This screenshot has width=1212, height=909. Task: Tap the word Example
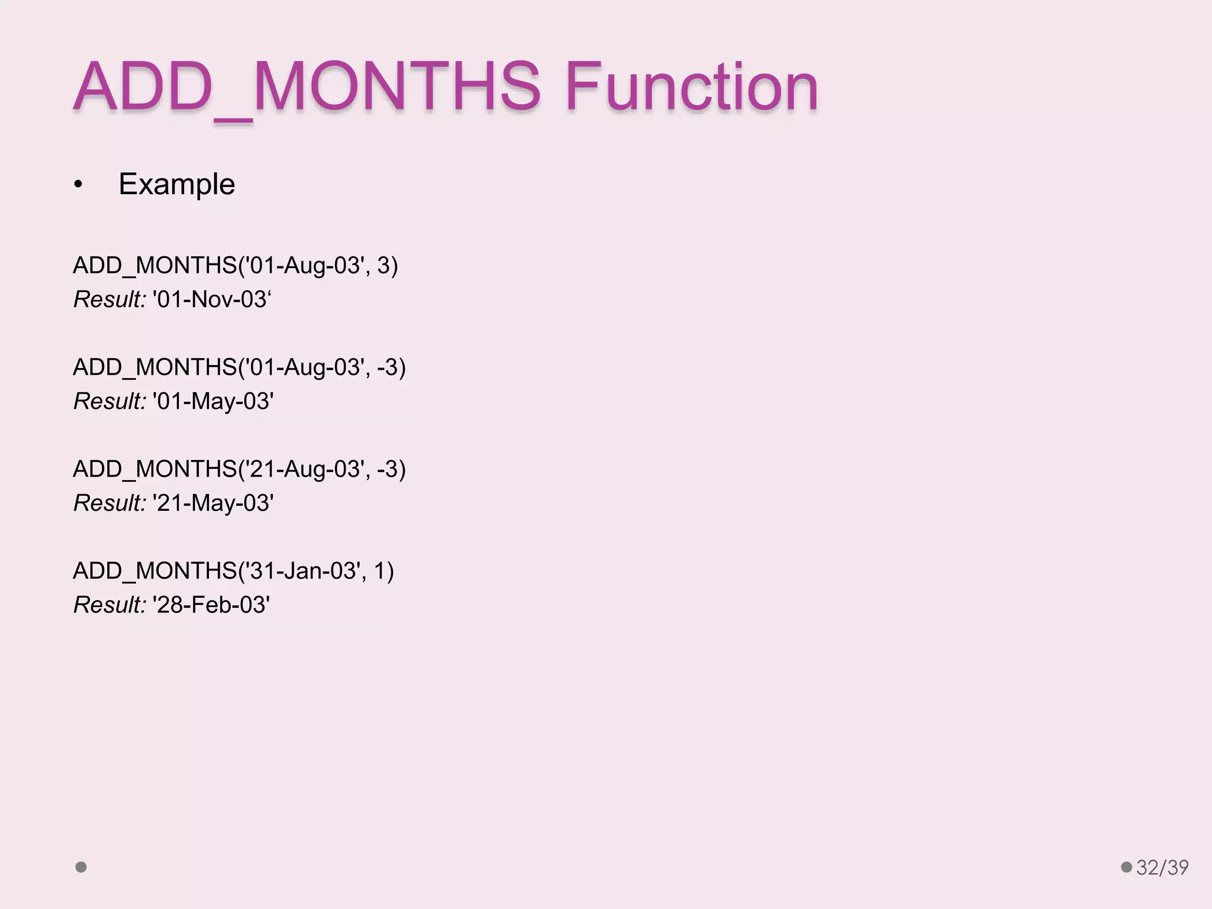click(x=176, y=184)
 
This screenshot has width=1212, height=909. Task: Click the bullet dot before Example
click(x=78, y=185)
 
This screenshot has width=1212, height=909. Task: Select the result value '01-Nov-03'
click(x=211, y=299)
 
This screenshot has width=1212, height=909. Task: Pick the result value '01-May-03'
click(x=212, y=401)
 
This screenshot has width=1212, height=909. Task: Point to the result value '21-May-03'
click(x=212, y=503)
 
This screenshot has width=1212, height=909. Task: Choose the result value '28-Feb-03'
click(x=211, y=605)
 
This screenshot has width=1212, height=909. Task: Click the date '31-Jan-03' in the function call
click(x=303, y=571)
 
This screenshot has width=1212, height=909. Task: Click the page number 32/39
click(x=1162, y=868)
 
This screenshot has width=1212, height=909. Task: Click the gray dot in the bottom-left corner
click(x=81, y=867)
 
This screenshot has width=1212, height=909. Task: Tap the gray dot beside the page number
click(x=1126, y=867)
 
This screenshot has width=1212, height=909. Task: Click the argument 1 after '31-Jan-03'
click(x=380, y=571)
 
